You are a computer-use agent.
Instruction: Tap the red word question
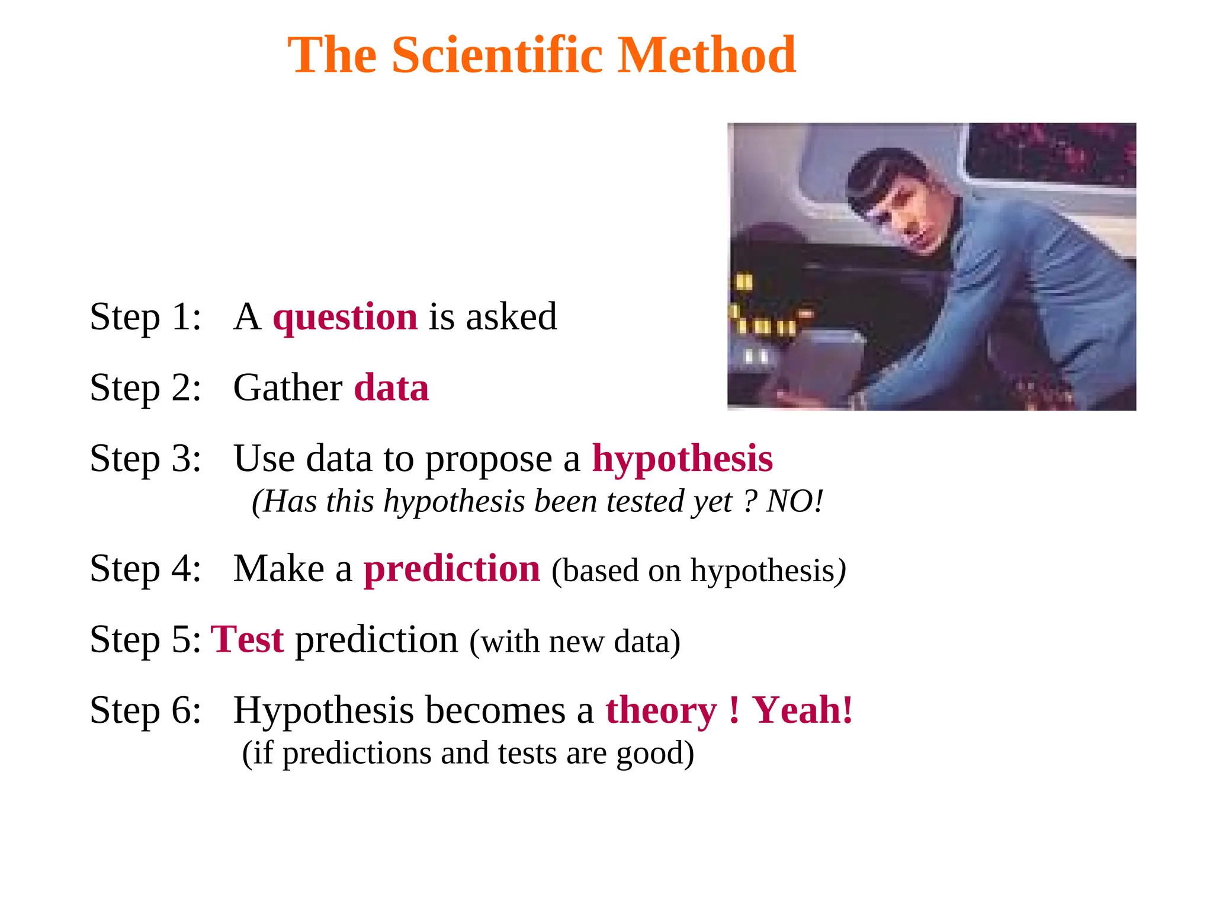pyautogui.click(x=345, y=316)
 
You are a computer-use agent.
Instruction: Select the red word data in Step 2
pyautogui.click(x=391, y=388)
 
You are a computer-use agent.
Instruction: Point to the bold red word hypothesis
pyautogui.click(x=682, y=459)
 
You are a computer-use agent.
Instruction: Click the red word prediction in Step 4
pyautogui.click(x=452, y=569)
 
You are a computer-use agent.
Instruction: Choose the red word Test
pyautogui.click(x=248, y=640)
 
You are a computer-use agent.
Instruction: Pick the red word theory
pyautogui.click(x=661, y=710)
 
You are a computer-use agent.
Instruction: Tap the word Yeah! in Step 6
pyautogui.click(x=803, y=710)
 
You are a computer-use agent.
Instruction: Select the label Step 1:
pyautogui.click(x=146, y=316)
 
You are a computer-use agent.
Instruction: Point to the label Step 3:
pyautogui.click(x=146, y=459)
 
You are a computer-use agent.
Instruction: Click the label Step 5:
pyautogui.click(x=146, y=640)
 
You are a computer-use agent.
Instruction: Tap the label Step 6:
pyautogui.click(x=146, y=710)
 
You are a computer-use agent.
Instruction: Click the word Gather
pyautogui.click(x=288, y=388)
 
